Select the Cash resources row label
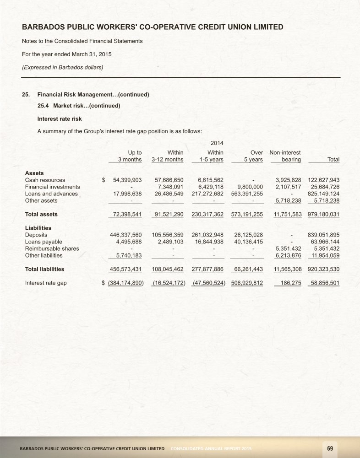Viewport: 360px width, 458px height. (45, 180)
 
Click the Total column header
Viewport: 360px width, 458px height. (333, 160)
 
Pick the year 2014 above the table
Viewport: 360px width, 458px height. (216, 144)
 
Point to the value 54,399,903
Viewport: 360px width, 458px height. (127, 180)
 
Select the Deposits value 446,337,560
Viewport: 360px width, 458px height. (126, 235)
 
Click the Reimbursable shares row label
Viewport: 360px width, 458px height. (52, 248)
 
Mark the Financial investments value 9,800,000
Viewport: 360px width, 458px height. (248, 187)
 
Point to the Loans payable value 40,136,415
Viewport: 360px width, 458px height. (248, 242)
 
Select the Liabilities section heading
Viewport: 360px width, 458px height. (38, 228)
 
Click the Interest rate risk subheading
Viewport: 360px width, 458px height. (60, 119)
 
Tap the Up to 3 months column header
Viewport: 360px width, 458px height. (130, 156)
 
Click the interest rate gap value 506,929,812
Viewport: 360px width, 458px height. (248, 283)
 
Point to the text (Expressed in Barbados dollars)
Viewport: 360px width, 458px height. (62, 67)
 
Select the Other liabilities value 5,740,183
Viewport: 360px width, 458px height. (129, 255)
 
